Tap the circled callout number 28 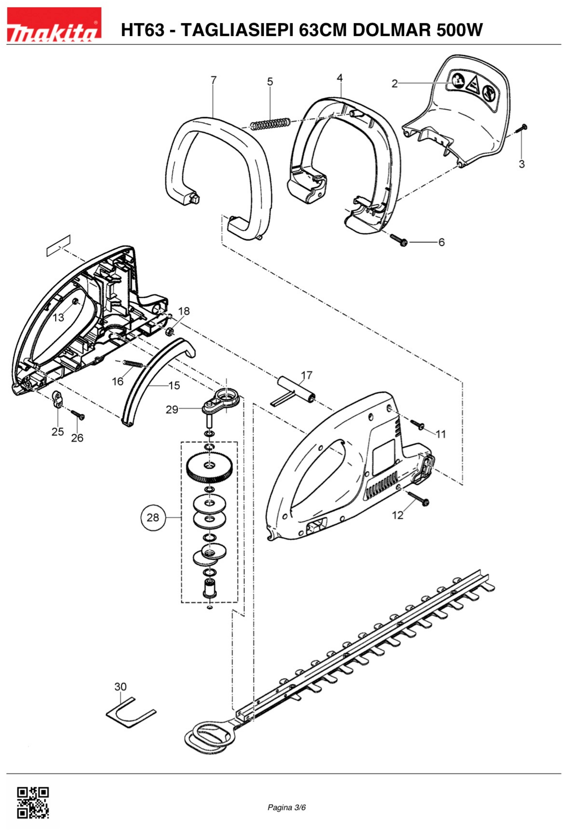(153, 518)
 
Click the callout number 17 (306, 375)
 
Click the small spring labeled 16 (133, 364)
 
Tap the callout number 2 (394, 84)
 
